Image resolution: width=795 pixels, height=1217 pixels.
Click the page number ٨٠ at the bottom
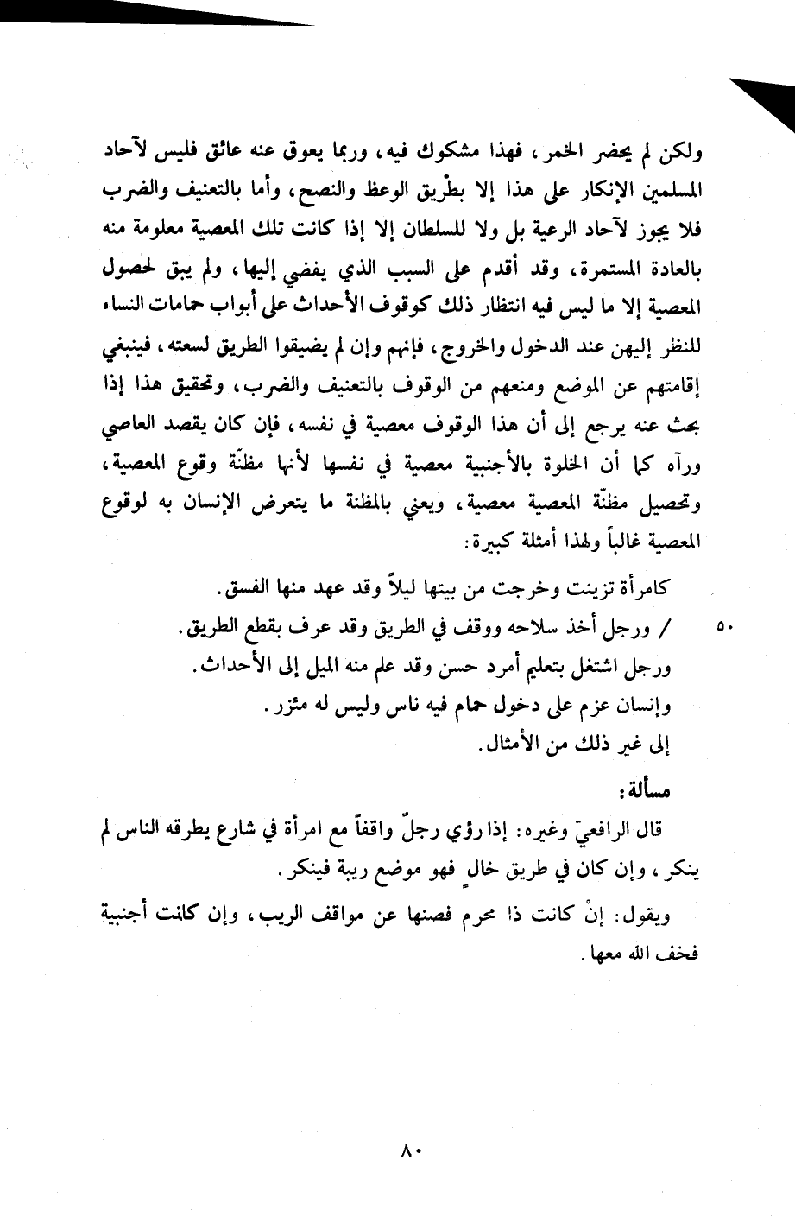pos(409,1150)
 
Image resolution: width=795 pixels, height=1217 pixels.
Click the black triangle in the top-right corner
pos(768,104)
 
